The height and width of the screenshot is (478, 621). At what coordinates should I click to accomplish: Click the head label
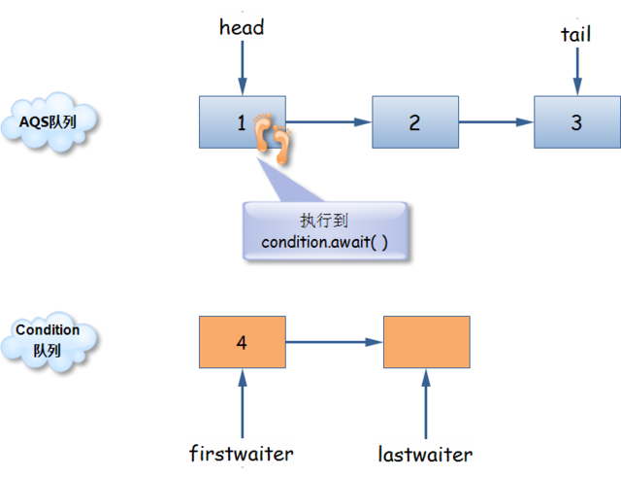click(x=242, y=27)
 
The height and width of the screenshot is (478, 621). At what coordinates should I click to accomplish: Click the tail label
click(x=575, y=34)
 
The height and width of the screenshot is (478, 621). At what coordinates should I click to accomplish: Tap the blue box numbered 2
click(x=414, y=122)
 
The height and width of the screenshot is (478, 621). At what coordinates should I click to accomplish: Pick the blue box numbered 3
click(x=576, y=122)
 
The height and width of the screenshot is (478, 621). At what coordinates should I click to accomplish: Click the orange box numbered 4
click(x=242, y=342)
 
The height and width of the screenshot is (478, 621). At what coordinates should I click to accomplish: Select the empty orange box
click(x=426, y=342)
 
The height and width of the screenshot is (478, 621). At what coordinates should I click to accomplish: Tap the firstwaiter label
click(x=242, y=453)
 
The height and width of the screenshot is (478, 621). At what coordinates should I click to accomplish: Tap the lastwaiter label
click(x=425, y=454)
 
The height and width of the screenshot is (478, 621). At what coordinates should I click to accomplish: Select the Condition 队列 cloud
click(x=48, y=341)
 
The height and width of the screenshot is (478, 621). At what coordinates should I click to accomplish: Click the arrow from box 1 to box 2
click(x=330, y=122)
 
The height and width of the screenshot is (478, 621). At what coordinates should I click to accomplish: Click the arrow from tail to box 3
click(x=576, y=71)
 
